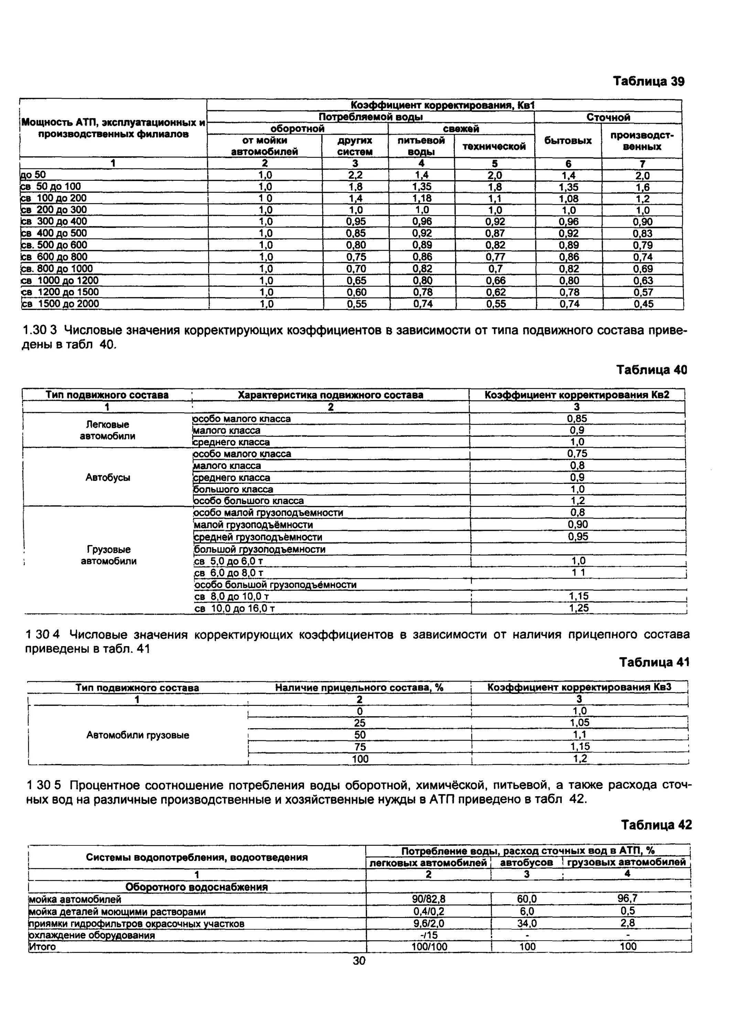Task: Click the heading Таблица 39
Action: (648, 81)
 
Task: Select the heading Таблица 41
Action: (654, 662)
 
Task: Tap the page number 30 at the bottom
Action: (359, 961)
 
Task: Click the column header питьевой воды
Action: (421, 146)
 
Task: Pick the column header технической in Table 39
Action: (494, 146)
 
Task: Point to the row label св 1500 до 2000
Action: (61, 304)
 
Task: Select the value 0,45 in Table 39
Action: (643, 304)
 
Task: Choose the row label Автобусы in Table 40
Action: (108, 478)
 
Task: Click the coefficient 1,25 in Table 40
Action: (578, 608)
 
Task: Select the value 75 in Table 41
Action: (360, 747)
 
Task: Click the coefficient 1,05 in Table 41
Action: (580, 723)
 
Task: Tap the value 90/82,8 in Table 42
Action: (429, 899)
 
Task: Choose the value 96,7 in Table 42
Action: (628, 899)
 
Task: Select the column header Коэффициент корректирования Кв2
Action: (577, 395)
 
